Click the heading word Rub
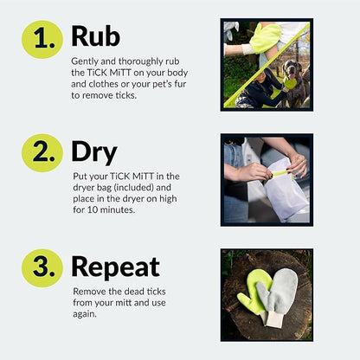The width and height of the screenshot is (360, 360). pos(95,35)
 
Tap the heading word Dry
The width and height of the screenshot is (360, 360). pos(93,151)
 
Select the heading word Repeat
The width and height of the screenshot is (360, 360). pos(115,267)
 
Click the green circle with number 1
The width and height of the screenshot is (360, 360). pos(42,38)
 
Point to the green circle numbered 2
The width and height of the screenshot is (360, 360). pos(42,153)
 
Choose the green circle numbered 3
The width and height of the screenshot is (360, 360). pos(42,267)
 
